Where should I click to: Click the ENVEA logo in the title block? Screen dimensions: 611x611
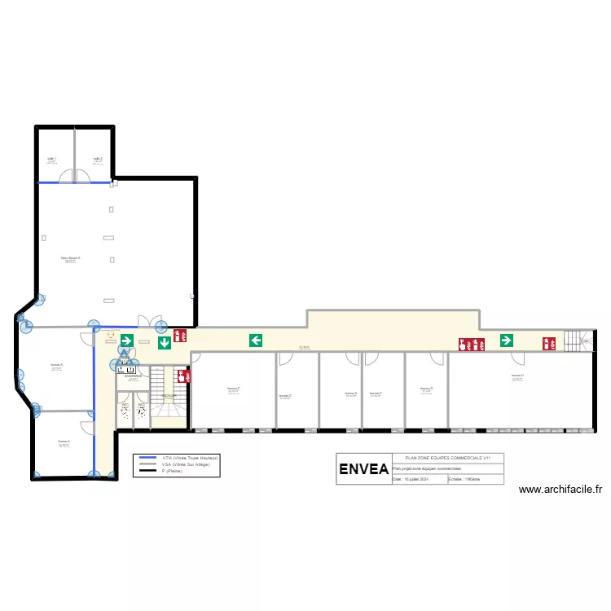363,469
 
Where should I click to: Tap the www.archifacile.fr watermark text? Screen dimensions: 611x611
560,490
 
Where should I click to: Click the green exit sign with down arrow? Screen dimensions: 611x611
165,343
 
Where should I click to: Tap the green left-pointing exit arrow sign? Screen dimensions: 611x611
256,340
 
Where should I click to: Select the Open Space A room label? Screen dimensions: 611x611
70,258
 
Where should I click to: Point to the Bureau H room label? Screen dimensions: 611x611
517,376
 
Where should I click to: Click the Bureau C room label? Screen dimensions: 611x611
233,389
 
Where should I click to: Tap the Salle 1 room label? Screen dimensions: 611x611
51,159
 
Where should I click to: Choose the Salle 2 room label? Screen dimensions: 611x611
97,159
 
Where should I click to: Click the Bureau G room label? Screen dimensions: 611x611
426,389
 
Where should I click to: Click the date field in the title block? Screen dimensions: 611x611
417,480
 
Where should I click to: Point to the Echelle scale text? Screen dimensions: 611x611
465,480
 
